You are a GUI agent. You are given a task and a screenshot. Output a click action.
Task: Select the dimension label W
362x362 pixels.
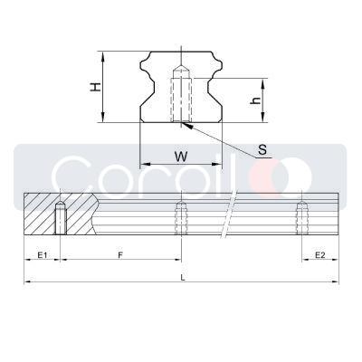(181, 156)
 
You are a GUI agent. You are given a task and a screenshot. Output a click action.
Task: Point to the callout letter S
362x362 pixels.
(262, 150)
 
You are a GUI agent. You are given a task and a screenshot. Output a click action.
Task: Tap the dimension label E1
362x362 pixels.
(42, 256)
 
